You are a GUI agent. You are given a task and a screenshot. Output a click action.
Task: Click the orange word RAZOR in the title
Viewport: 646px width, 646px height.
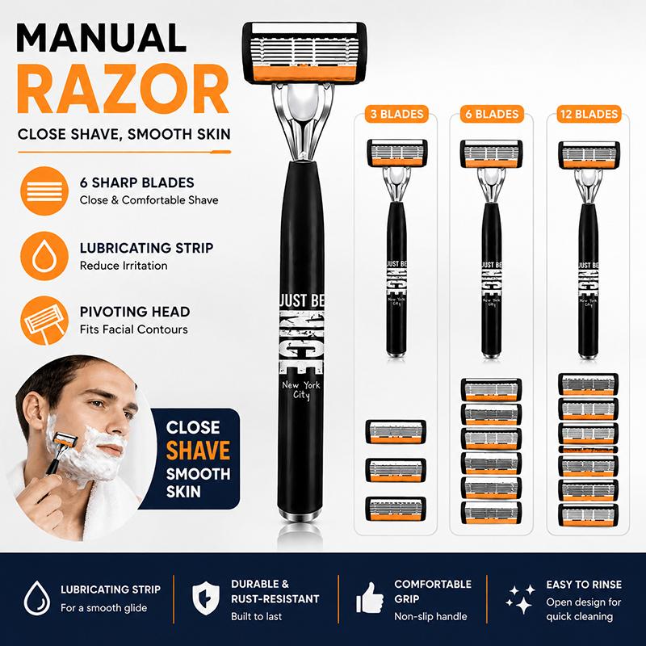123,89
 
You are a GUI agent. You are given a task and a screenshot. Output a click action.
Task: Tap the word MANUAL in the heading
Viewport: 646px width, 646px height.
102,38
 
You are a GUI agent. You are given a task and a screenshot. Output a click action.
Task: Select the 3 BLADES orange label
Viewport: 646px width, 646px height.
396,114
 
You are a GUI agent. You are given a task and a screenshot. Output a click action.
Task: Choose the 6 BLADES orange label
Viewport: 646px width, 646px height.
492,114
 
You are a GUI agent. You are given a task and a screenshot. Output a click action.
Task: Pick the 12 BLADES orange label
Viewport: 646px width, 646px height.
589,114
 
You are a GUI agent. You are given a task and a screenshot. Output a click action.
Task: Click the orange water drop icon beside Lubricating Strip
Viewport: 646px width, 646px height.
44,256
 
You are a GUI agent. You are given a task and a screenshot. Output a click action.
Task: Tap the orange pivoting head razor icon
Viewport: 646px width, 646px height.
44,321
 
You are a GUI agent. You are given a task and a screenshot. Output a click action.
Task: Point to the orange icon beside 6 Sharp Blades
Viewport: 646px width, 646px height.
44,191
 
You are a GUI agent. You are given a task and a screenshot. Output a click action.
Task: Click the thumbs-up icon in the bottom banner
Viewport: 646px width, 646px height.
369,598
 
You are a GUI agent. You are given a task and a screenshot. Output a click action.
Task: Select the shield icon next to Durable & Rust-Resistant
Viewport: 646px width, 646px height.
206,598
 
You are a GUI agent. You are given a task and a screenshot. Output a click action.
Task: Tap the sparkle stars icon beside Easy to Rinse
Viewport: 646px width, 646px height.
520,598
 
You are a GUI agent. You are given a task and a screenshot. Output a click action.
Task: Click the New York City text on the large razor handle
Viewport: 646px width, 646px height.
301,390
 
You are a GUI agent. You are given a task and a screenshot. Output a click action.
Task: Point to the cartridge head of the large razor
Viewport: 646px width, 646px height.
304,52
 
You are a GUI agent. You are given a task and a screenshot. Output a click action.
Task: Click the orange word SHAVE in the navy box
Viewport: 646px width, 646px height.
198,451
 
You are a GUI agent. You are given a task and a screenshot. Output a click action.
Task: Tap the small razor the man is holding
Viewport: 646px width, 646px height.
61,452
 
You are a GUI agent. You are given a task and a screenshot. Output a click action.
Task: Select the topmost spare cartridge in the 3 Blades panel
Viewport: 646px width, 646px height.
396,432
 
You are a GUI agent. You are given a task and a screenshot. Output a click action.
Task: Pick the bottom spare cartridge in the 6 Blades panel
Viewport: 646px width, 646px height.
491,513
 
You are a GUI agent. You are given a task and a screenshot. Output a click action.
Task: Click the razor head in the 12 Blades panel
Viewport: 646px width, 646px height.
589,155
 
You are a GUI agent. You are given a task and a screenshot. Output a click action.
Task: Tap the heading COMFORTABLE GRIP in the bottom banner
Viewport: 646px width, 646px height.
433,591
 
